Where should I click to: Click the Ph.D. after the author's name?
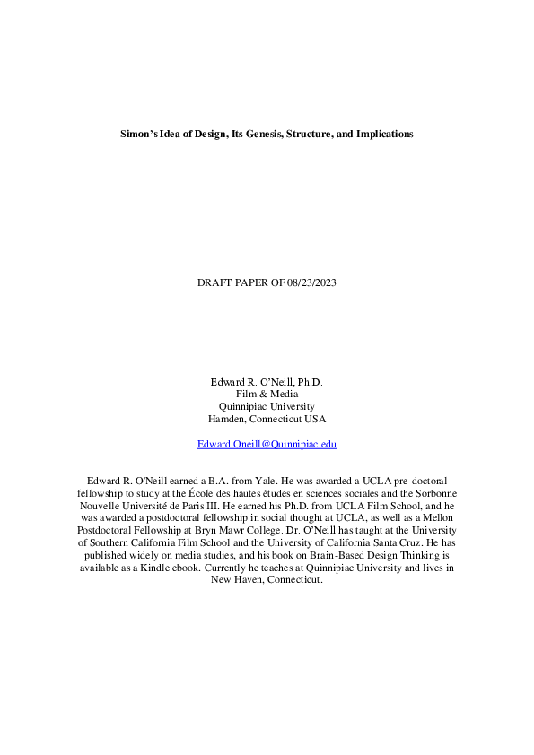(x=310, y=381)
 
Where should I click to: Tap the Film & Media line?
(x=267, y=394)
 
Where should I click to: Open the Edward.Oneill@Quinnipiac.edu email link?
(x=267, y=444)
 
